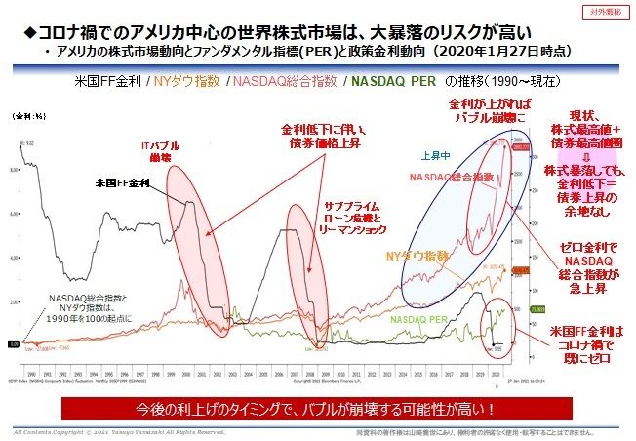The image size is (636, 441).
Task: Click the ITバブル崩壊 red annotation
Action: tap(156, 151)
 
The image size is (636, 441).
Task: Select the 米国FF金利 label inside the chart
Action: tap(123, 182)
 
